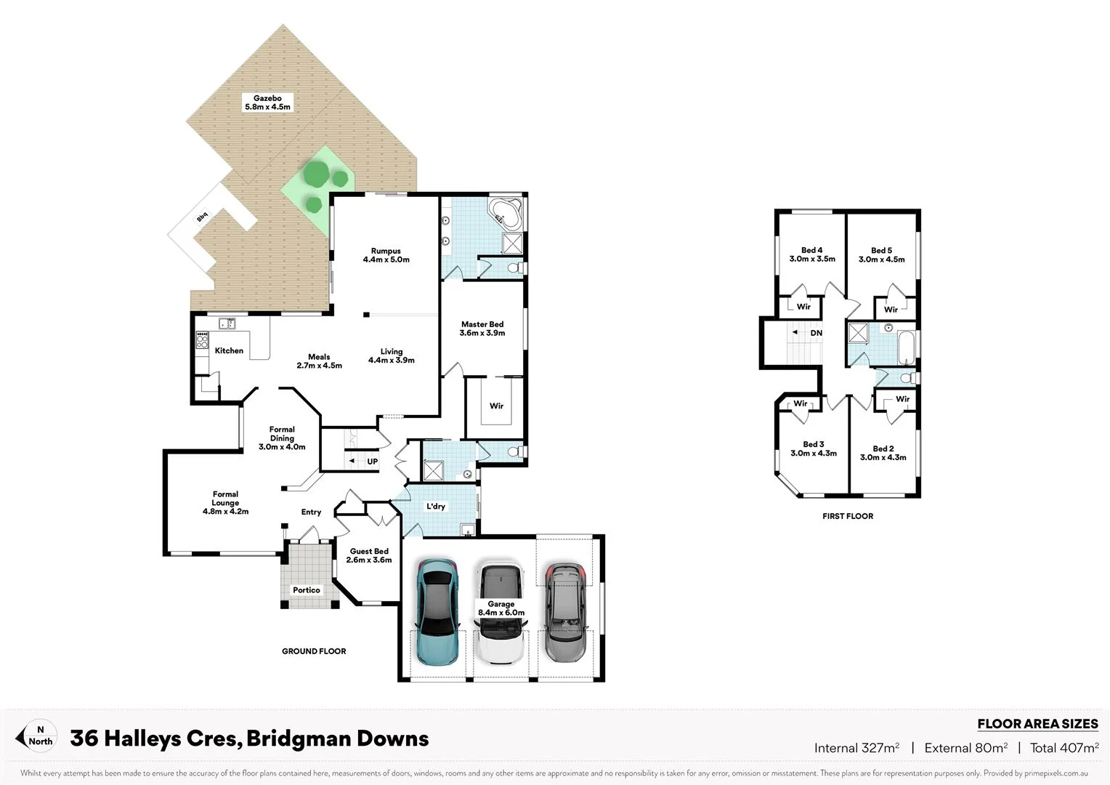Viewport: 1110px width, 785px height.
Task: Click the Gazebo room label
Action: click(x=267, y=102)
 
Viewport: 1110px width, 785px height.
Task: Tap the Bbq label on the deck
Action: click(x=202, y=217)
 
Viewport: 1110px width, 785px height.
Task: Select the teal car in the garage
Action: click(x=436, y=612)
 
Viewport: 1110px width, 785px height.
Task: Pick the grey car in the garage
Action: click(x=564, y=612)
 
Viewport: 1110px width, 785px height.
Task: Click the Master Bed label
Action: click(x=482, y=329)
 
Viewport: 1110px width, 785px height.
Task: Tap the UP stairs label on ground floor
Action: click(x=372, y=462)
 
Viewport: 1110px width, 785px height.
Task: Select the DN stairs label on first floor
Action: click(x=817, y=333)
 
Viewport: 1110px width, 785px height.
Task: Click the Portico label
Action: click(x=307, y=590)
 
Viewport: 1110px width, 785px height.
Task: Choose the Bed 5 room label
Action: click(x=881, y=254)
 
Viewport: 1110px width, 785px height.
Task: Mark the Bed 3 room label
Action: click(x=813, y=448)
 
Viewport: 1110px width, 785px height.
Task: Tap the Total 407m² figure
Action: click(x=1064, y=748)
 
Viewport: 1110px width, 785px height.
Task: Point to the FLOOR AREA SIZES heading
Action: click(x=1037, y=724)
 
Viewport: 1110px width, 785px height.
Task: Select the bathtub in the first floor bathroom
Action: click(x=907, y=348)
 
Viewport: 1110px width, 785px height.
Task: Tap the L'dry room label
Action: click(x=436, y=506)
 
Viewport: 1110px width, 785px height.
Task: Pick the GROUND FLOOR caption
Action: click(x=314, y=651)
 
